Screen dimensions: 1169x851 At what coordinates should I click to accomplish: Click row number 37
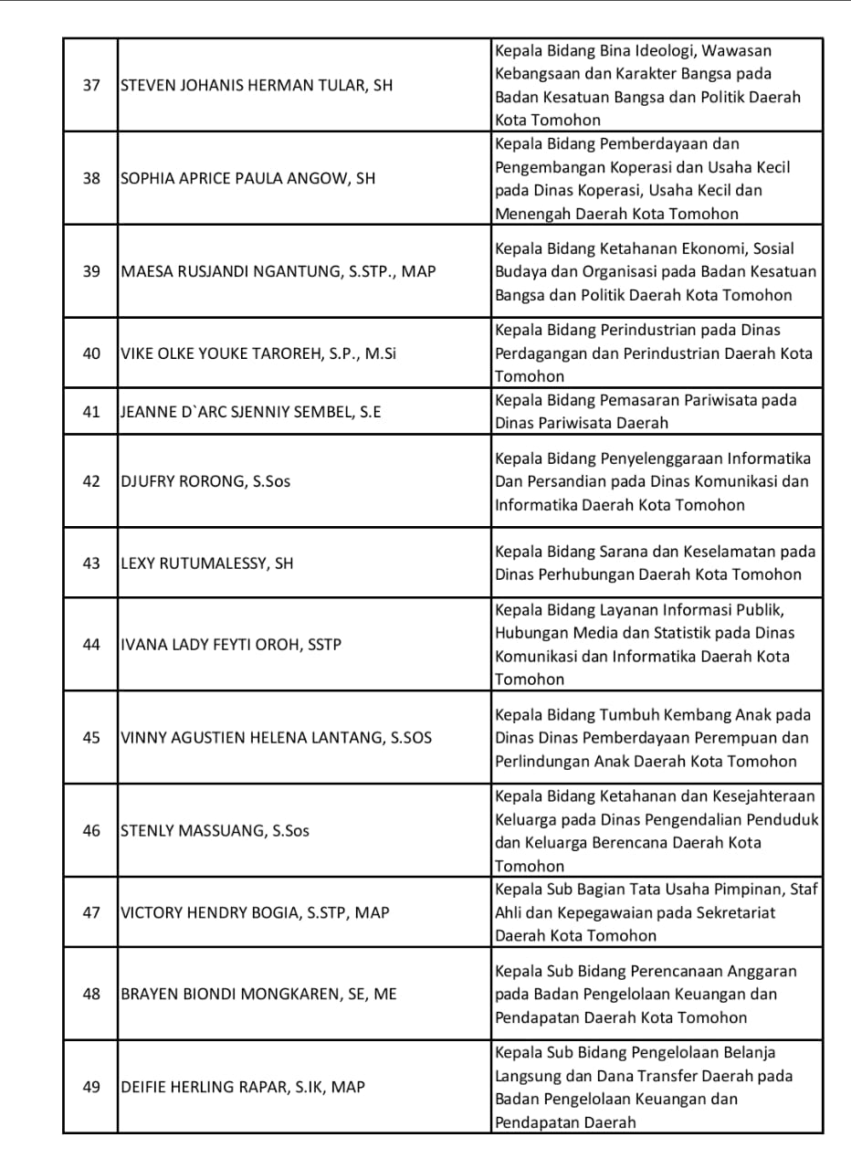(x=91, y=85)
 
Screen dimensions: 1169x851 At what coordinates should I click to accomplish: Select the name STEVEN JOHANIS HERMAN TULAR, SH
(x=256, y=85)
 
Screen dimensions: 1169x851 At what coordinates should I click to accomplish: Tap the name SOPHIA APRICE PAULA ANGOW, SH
(x=247, y=179)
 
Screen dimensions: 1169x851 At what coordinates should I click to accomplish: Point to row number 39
(x=91, y=271)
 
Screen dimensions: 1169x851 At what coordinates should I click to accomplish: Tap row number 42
(x=91, y=481)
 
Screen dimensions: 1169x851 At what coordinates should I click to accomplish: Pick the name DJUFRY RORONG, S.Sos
(x=205, y=481)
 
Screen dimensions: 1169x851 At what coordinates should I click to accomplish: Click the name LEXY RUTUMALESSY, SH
(x=207, y=563)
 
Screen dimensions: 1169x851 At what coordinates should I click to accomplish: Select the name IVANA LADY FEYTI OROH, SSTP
(x=231, y=645)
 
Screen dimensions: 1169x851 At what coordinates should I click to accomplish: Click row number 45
(x=91, y=738)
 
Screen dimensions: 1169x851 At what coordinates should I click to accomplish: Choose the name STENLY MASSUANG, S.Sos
(x=215, y=831)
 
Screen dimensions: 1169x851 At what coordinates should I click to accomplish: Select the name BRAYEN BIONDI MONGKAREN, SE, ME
(x=258, y=995)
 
